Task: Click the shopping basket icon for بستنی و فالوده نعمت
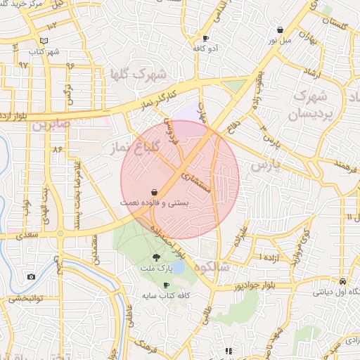click(x=154, y=191)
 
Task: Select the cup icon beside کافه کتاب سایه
click(x=166, y=285)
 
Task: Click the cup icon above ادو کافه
click(x=205, y=39)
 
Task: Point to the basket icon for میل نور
click(x=281, y=30)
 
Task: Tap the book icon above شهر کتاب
click(x=44, y=41)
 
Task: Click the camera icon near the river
click(x=31, y=276)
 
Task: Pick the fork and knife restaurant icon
click(x=228, y=350)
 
